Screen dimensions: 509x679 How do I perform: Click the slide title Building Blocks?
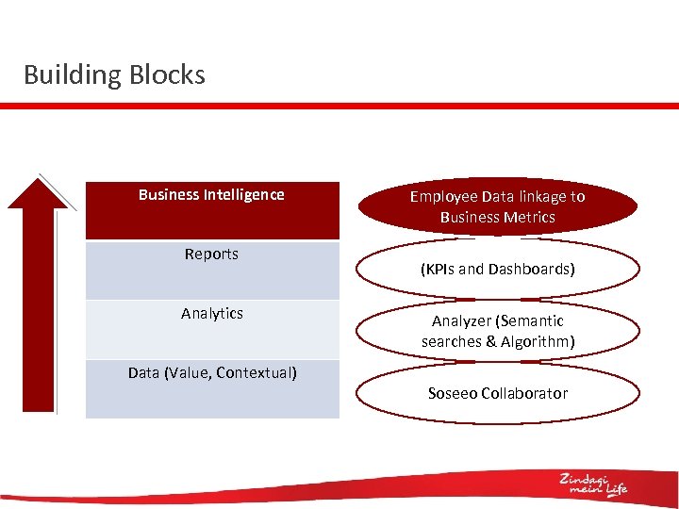pos(114,74)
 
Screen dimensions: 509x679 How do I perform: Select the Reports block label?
pos(211,254)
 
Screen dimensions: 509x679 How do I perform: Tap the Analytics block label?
pos(212,314)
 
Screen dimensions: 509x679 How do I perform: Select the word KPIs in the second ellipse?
pos(439,270)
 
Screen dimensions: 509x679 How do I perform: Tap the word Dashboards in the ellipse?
pos(533,270)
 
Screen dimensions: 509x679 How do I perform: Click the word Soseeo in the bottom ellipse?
pos(453,394)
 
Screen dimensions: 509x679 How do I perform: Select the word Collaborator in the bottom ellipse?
pos(525,394)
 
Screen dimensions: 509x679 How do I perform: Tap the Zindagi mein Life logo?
pos(592,483)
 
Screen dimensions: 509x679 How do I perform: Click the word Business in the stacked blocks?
pos(169,195)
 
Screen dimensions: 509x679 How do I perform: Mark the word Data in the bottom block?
pos(143,373)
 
